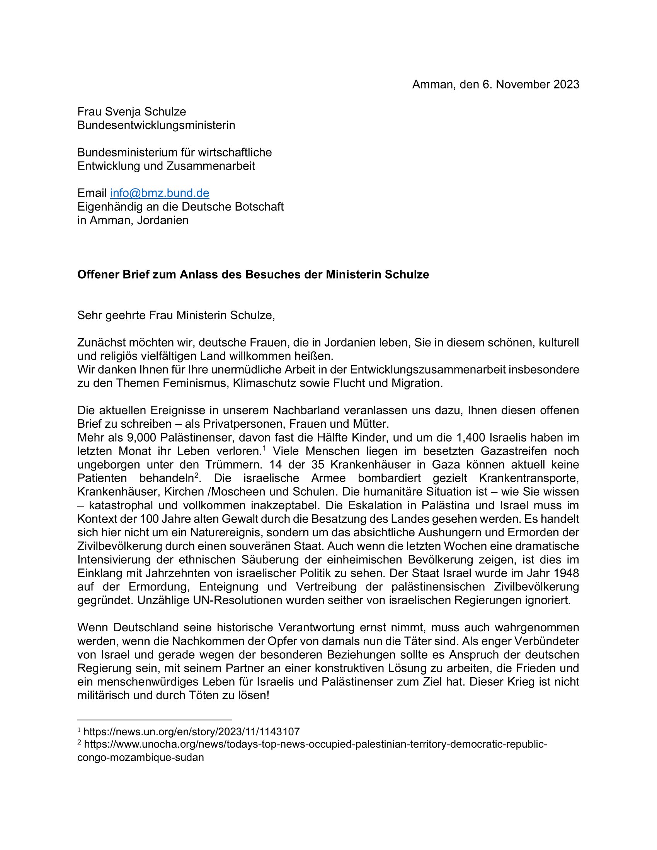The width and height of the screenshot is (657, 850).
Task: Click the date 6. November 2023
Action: [x=531, y=85]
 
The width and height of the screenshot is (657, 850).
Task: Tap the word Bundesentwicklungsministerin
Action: [x=156, y=125]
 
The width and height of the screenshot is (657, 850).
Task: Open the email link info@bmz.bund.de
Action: [x=160, y=193]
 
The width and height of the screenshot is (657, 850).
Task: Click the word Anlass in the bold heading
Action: [x=199, y=274]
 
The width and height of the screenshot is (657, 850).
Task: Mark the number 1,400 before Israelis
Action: [x=471, y=437]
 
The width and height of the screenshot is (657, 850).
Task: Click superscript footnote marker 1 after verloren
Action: [x=264, y=448]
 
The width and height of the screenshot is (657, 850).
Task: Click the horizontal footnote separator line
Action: [x=155, y=720]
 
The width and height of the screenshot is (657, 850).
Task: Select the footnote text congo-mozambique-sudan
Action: [x=141, y=758]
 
